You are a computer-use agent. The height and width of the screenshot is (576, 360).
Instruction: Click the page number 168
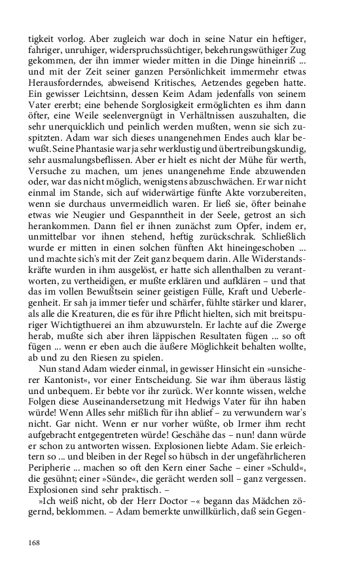tap(34, 543)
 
